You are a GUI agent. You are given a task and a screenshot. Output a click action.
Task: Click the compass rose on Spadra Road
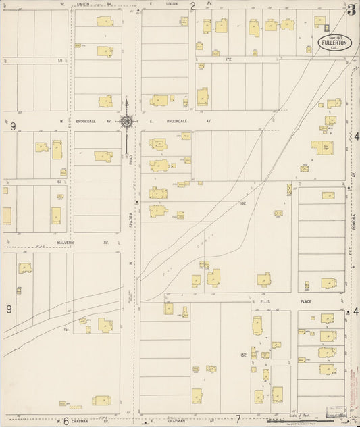126,122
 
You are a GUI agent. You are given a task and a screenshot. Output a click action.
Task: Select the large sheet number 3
352,9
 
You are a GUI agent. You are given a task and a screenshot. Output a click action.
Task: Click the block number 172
228,59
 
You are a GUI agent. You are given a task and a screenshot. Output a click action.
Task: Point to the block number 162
242,203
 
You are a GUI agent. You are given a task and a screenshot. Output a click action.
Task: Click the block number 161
60,182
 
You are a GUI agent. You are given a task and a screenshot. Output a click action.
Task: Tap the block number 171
60,61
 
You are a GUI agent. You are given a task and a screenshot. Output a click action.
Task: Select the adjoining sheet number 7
238,419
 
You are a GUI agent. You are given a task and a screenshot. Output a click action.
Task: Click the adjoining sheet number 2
192,6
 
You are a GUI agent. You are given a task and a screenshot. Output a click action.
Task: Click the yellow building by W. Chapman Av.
102,401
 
